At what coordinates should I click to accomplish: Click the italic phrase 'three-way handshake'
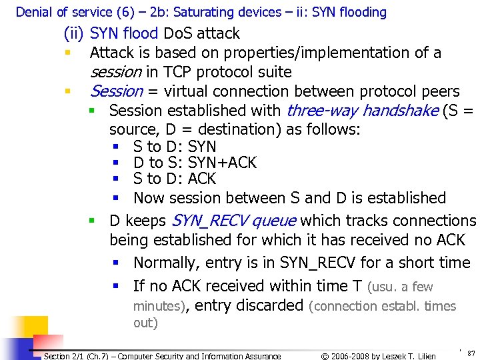tap(361, 110)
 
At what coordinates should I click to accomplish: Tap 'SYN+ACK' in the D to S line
tap(222, 163)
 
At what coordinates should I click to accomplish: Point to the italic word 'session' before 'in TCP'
tap(115, 72)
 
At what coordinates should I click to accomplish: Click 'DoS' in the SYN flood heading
tap(177, 33)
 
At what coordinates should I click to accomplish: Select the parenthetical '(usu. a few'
tap(400, 287)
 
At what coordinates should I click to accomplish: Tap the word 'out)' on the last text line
tap(145, 323)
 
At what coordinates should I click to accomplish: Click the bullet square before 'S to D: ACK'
tap(115, 179)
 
